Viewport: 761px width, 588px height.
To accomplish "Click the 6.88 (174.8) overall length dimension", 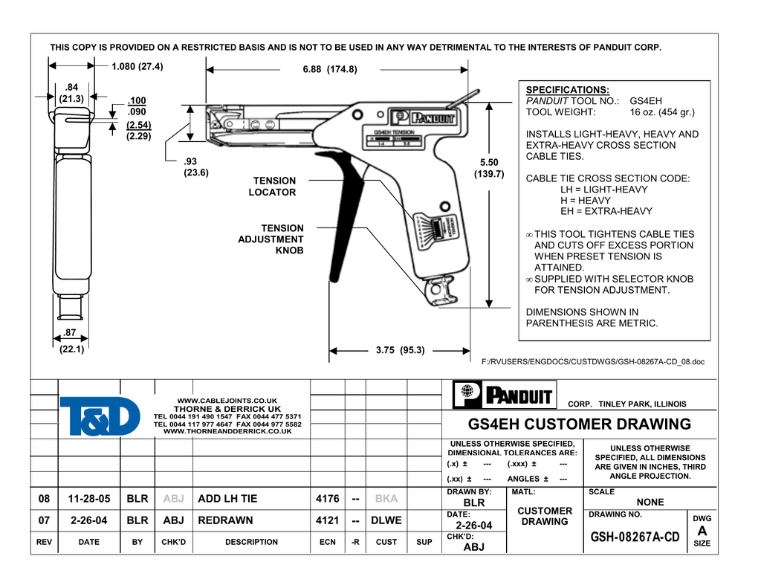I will (330, 69).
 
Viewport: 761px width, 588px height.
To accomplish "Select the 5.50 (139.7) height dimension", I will (489, 168).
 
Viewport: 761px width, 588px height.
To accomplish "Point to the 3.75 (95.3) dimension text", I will (400, 350).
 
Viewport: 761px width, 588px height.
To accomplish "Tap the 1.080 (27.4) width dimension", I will (137, 66).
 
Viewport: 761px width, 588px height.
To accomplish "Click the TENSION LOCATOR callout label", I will (274, 187).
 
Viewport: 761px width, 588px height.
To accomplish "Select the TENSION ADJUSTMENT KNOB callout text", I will (271, 239).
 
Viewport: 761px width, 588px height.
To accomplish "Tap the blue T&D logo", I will (99, 416).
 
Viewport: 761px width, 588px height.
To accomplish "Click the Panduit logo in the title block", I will (503, 395).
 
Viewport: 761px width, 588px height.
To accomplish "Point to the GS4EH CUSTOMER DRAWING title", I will (580, 424).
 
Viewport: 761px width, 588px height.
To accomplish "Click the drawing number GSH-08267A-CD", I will (635, 537).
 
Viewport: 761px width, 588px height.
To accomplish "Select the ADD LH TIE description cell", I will (227, 499).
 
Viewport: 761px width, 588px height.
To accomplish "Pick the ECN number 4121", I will (327, 520).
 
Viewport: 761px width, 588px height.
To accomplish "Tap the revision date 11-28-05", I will (88, 499).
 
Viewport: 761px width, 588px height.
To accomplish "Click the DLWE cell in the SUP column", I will (386, 520).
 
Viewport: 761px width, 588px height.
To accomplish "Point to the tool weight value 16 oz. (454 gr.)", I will (661, 112).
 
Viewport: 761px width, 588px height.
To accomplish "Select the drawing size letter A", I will (702, 531).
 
